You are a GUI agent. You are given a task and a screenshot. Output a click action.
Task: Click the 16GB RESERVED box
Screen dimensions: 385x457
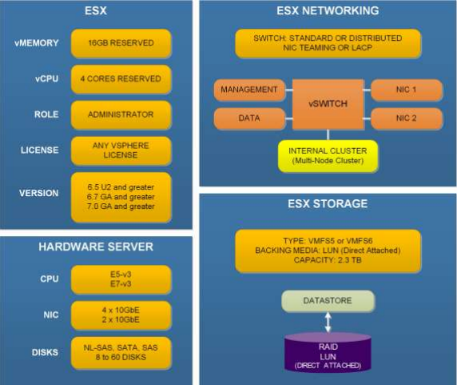[121, 42]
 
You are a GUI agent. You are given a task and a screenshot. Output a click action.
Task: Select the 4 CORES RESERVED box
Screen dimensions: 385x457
[121, 78]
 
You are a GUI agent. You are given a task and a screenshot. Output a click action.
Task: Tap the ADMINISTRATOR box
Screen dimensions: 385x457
[121, 114]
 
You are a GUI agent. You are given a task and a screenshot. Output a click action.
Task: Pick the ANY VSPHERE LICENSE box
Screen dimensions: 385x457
[121, 149]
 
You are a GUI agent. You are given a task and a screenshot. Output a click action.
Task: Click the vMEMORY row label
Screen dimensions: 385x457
[35, 43]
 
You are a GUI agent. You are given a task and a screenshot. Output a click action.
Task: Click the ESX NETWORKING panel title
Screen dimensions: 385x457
[327, 11]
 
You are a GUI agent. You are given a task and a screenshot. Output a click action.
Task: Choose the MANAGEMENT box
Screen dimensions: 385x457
[248, 89]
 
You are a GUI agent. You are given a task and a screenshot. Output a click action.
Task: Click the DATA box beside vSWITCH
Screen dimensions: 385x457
[248, 119]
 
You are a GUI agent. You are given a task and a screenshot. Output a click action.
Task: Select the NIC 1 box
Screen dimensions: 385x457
[406, 89]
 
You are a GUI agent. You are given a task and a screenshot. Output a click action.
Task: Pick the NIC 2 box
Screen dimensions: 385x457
[406, 119]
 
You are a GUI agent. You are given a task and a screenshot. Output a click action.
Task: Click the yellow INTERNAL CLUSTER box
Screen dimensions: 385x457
[327, 154]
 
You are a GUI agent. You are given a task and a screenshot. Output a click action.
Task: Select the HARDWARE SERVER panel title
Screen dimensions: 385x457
[97, 247]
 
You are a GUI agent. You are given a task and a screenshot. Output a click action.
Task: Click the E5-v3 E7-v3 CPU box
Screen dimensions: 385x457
[121, 279]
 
